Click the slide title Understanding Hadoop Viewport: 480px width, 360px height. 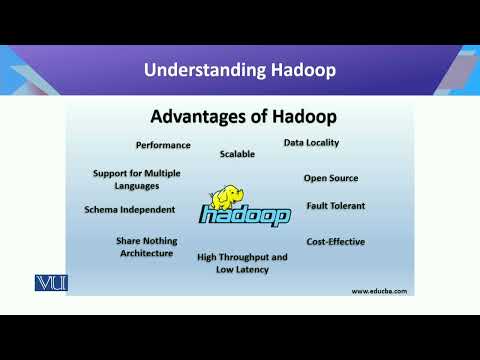pos(239,70)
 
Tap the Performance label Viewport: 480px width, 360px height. pos(163,145)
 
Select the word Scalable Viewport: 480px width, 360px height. pos(237,154)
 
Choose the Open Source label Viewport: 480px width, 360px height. pos(331,178)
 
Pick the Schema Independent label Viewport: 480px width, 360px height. pos(130,210)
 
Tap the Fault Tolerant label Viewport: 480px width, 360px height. pos(336,206)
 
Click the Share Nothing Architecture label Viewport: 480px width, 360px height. pos(145,247)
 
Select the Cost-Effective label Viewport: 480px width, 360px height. pos(335,241)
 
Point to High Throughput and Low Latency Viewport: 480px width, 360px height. pos(242,263)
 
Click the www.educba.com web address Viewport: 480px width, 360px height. pos(379,290)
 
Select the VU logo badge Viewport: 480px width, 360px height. pos(49,282)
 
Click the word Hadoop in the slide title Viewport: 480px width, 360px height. pos(298,70)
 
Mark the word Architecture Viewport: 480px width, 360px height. pos(145,254)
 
